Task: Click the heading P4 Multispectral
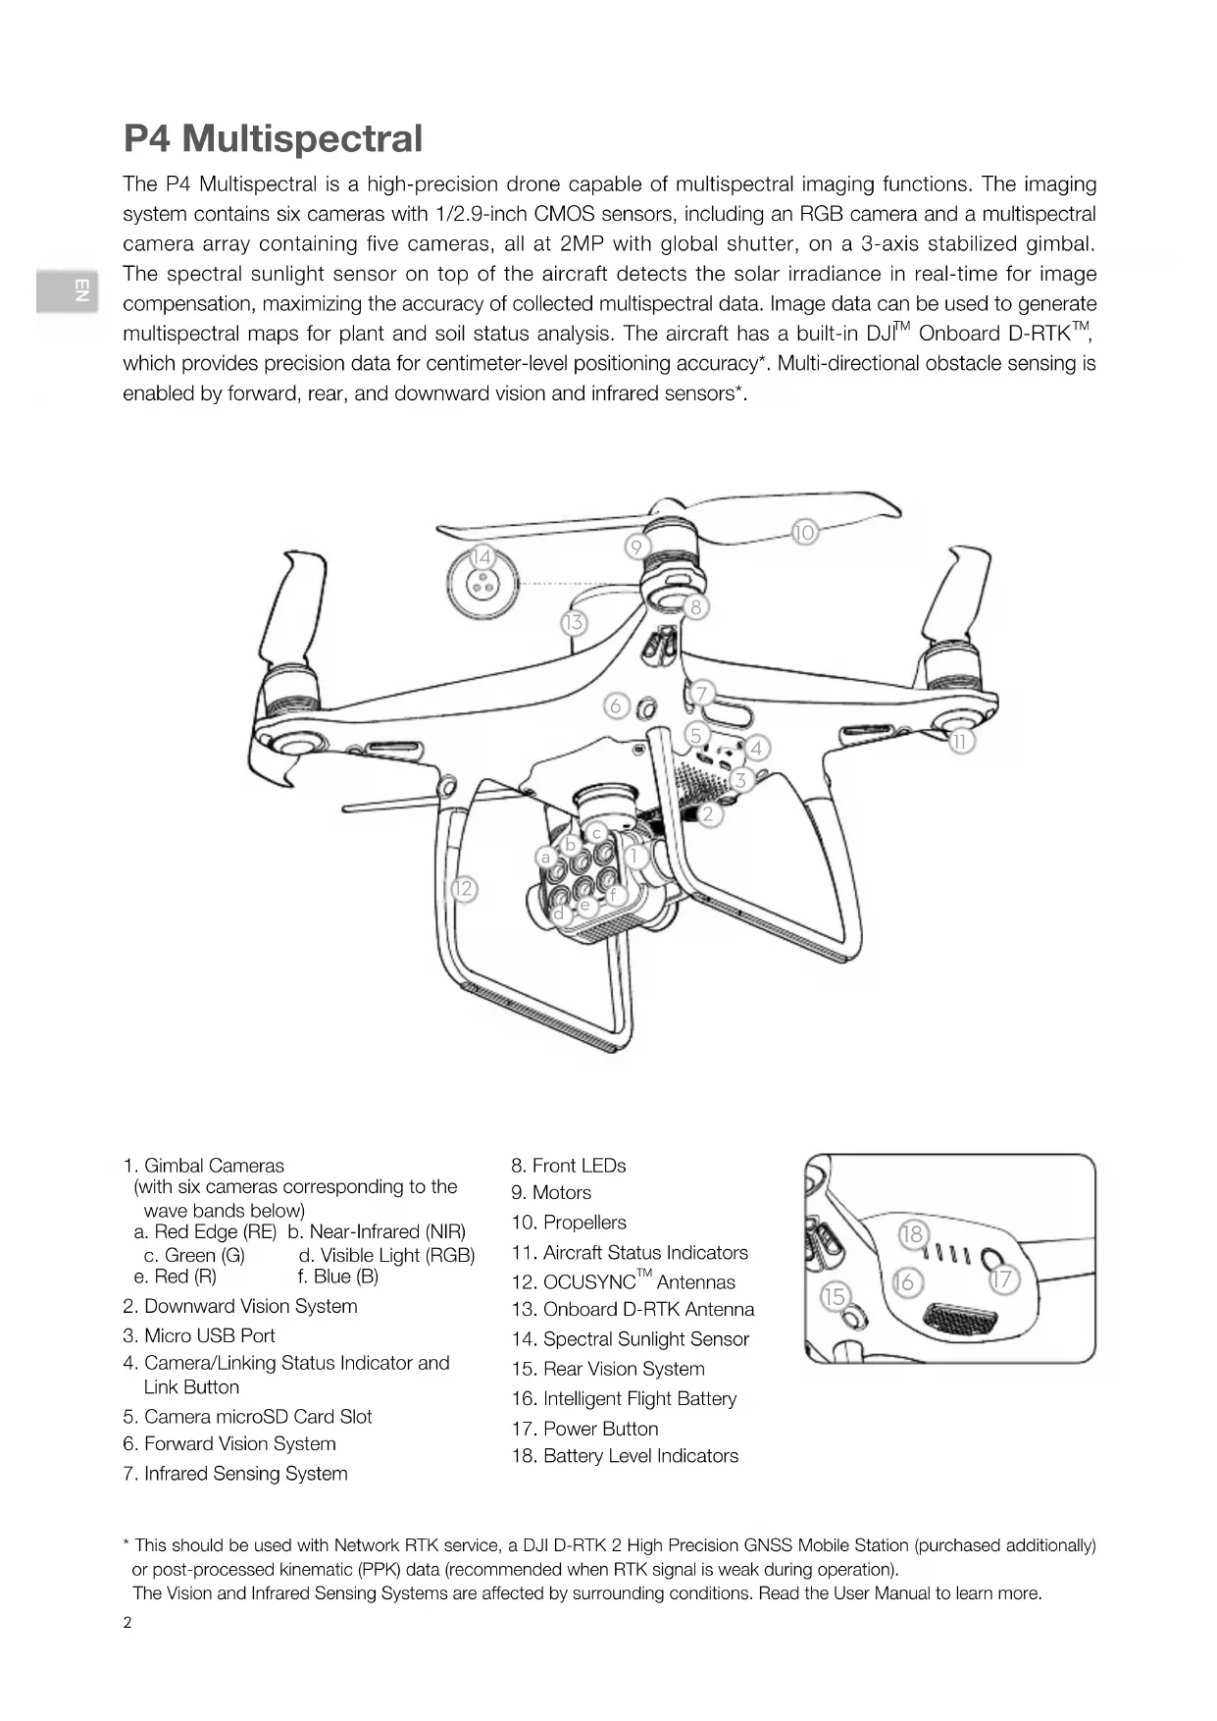[273, 138]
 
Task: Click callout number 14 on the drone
[481, 557]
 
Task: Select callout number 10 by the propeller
[804, 533]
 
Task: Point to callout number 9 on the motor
[636, 547]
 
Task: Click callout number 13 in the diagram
[574, 622]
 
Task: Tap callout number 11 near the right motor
[961, 742]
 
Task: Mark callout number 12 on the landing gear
[463, 890]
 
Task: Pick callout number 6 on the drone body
[616, 705]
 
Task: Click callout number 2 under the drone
[709, 813]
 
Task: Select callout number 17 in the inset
[1002, 1279]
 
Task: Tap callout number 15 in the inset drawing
[834, 1296]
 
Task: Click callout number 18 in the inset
[912, 1233]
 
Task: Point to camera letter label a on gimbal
[546, 857]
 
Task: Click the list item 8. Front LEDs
[568, 1166]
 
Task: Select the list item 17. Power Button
[584, 1429]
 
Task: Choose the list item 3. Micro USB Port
[198, 1335]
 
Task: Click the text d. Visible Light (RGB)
[386, 1255]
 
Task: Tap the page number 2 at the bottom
[127, 1622]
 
